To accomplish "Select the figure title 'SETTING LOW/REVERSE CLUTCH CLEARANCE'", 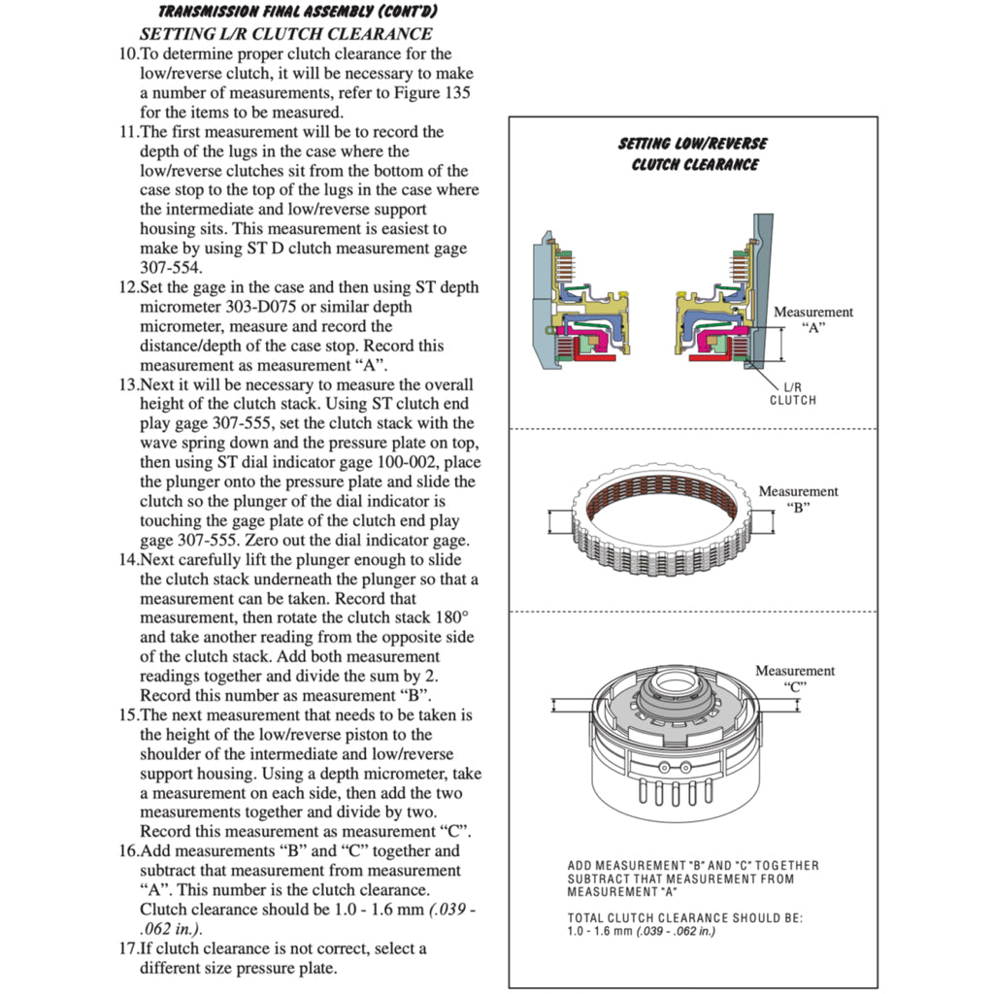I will pyautogui.click(x=693, y=153).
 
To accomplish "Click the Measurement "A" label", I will pyautogui.click(x=812, y=319).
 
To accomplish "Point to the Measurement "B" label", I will pyautogui.click(x=798, y=499).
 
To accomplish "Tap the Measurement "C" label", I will pyautogui.click(x=795, y=678).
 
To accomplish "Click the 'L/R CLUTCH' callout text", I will pyautogui.click(x=793, y=393).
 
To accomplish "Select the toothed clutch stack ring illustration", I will pyautogui.click(x=662, y=521).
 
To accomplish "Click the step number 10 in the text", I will pyautogui.click(x=128, y=54).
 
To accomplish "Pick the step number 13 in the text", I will pyautogui.click(x=128, y=384).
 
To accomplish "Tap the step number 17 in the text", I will pyautogui.click(x=128, y=948).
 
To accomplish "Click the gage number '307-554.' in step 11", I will pyautogui.click(x=172, y=268).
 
